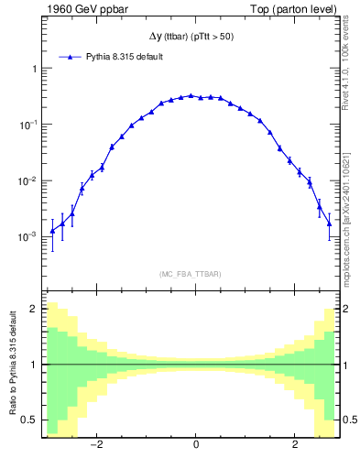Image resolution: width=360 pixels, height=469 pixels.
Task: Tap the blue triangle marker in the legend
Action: click(x=71, y=57)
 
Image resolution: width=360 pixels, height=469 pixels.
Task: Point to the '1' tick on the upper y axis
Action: click(x=33, y=69)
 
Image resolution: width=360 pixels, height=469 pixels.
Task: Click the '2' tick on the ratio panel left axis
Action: click(x=33, y=309)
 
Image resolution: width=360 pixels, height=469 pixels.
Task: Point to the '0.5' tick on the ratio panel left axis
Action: click(x=29, y=420)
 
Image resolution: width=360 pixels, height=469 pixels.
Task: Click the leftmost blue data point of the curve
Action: click(x=52, y=231)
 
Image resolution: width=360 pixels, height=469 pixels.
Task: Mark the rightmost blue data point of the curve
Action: click(x=329, y=224)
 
